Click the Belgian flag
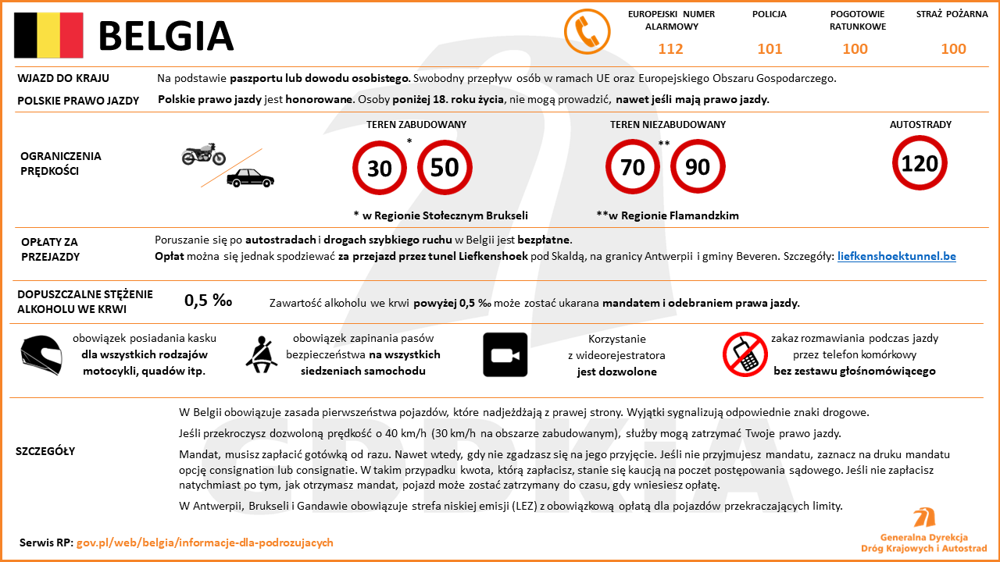coord(48,35)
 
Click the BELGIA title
coord(166,36)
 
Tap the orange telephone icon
coord(587,32)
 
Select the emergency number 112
coord(670,49)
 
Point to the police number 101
coord(770,49)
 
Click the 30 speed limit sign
coord(380,167)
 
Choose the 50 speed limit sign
coord(445,167)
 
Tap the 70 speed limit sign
coord(633,167)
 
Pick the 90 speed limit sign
coord(698,167)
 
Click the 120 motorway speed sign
coord(920,163)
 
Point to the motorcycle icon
coord(203,155)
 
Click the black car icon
coord(250,179)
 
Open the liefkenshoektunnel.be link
coord(896,256)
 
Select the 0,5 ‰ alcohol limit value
coord(208,301)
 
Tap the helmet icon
coord(41,355)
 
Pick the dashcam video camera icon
coord(505,355)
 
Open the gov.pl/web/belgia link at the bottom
coord(205,542)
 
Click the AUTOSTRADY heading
coord(920,125)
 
